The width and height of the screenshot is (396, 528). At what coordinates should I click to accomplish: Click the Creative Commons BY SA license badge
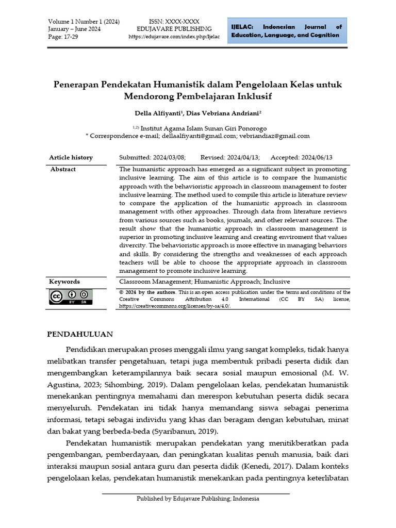click(71, 297)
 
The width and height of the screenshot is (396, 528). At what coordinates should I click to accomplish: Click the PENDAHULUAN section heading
click(80, 334)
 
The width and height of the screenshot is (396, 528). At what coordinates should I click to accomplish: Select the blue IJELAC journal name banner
click(286, 31)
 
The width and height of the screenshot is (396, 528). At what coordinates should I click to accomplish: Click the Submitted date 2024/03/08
click(152, 158)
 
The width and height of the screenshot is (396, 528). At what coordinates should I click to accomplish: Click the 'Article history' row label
click(71, 158)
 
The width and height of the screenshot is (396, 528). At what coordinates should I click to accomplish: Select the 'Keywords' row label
click(64, 282)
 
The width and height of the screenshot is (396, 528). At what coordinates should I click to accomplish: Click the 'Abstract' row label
click(63, 169)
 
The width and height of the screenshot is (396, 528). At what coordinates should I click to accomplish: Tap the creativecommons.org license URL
click(175, 306)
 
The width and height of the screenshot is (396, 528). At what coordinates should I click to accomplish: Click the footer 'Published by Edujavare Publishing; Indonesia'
click(197, 499)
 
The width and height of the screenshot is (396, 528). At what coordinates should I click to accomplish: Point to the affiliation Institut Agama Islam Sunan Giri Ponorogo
click(203, 128)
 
